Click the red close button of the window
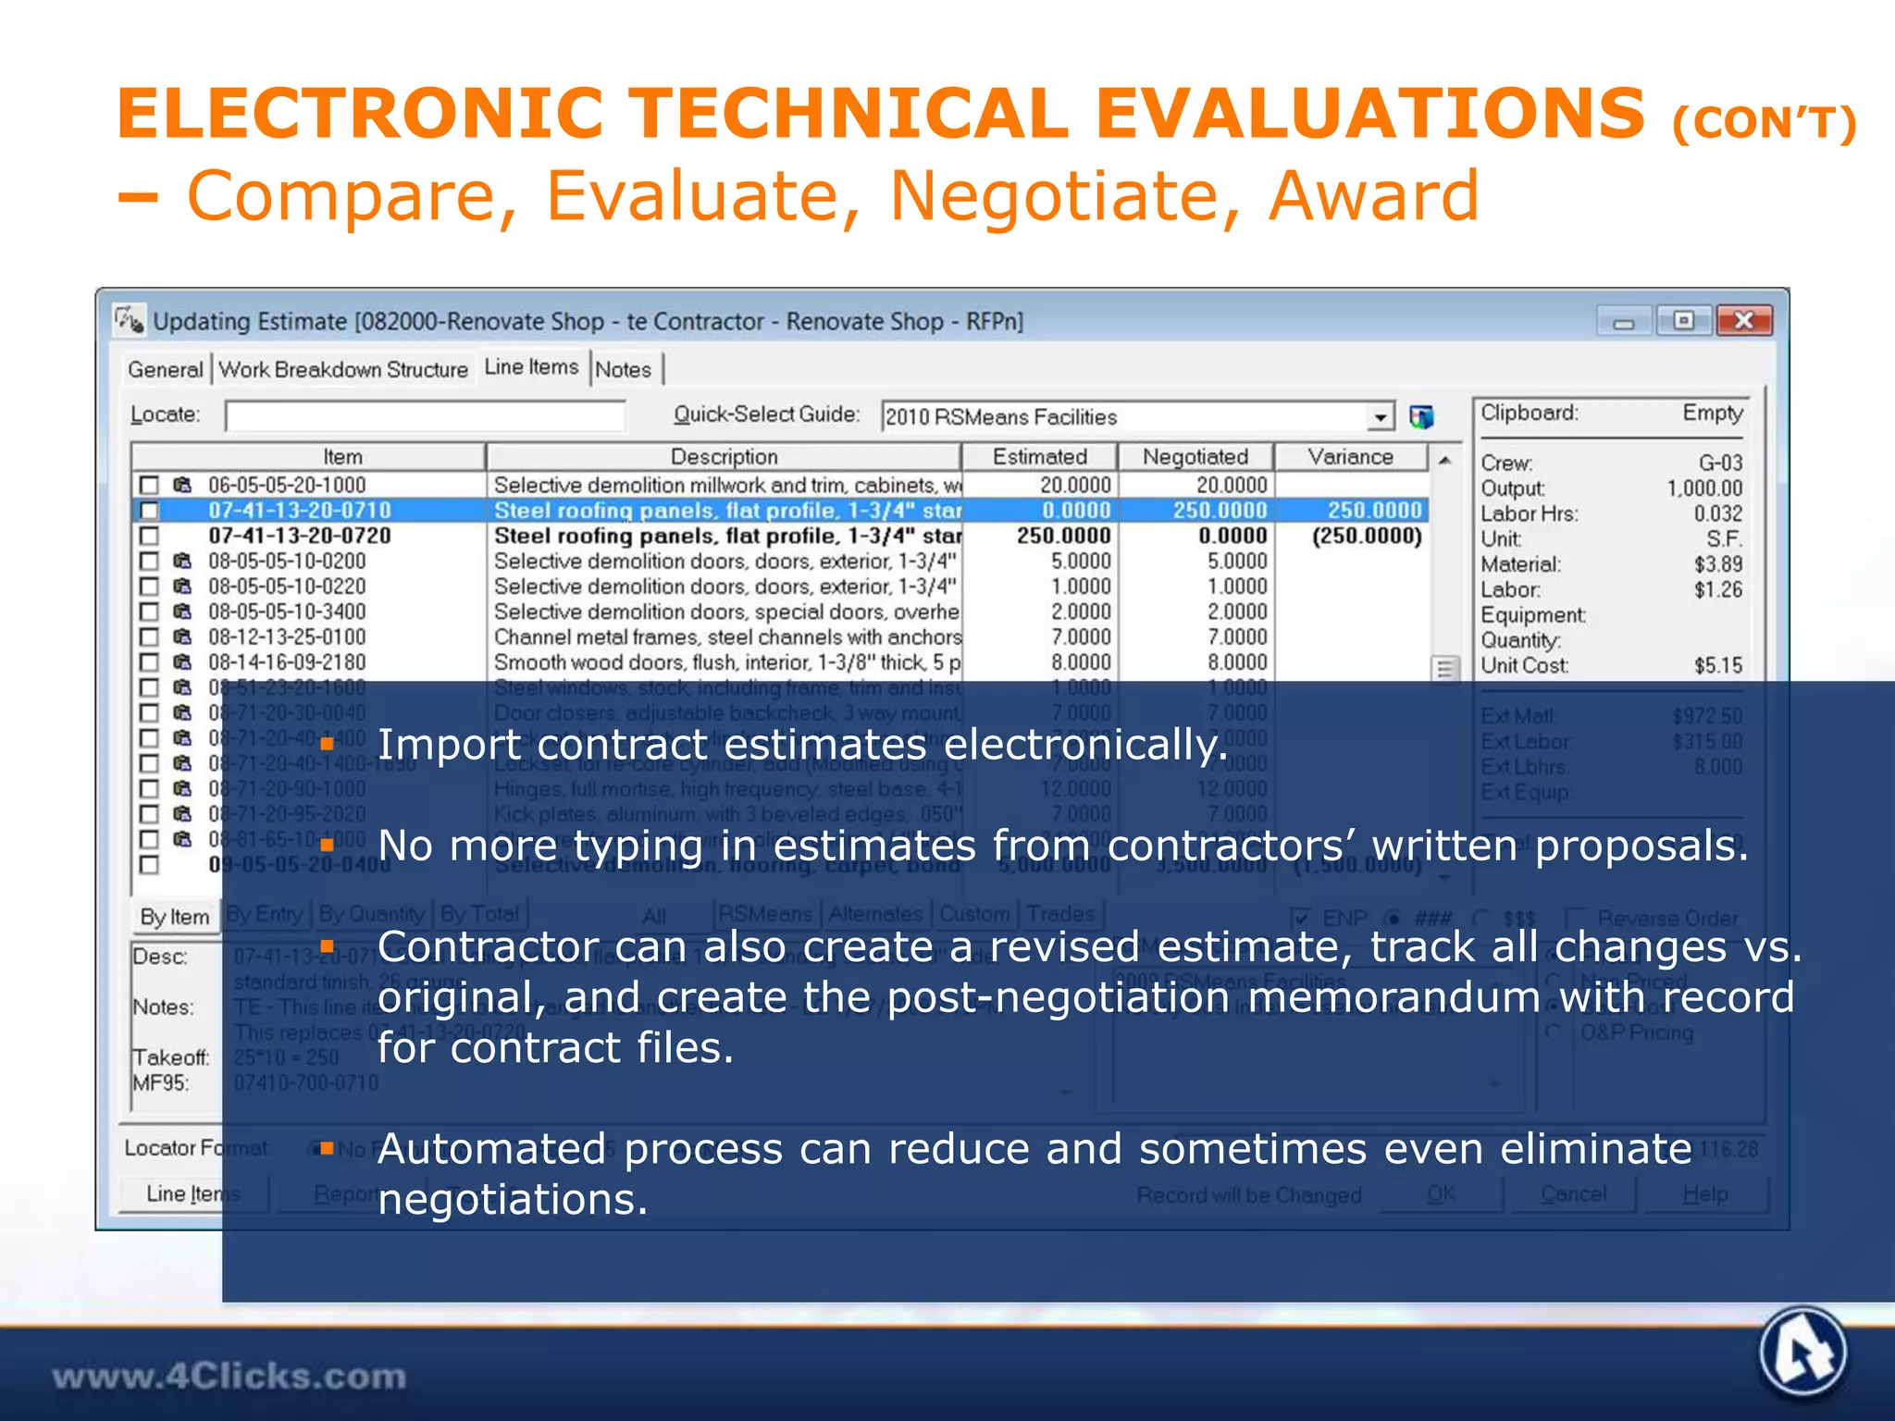[x=1743, y=321]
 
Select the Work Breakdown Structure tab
[x=343, y=369]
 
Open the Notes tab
[x=623, y=369]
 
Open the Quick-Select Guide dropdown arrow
[x=1380, y=417]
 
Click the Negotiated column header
[x=1195, y=457]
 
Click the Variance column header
[x=1350, y=457]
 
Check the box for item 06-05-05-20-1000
[x=149, y=485]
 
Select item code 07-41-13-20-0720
[x=299, y=536]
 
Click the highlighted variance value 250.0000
[x=1373, y=511]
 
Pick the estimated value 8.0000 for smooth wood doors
[x=1080, y=662]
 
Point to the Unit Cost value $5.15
[x=1717, y=665]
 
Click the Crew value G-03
[x=1719, y=463]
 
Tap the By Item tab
[x=175, y=917]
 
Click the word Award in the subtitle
[x=1373, y=196]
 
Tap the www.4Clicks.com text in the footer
[x=229, y=1377]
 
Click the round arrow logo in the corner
[x=1802, y=1353]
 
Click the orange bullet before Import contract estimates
[x=327, y=744]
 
